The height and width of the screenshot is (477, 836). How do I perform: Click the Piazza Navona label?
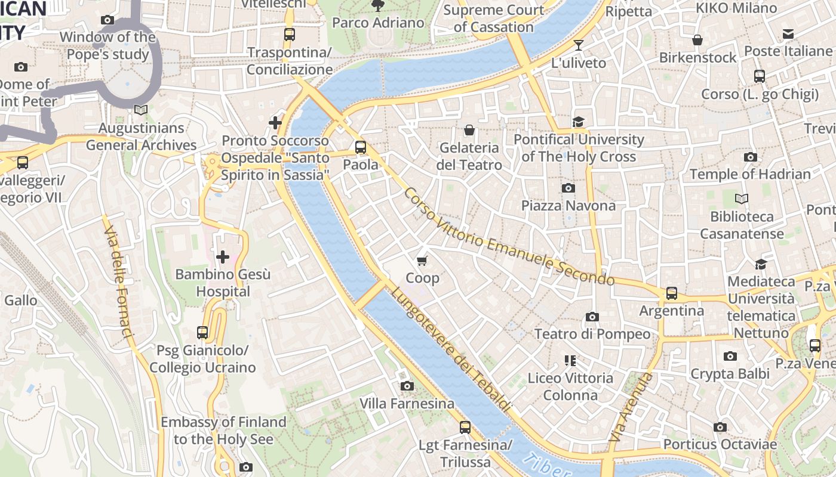coord(568,206)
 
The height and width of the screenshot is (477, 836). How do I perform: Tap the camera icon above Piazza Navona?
coord(568,188)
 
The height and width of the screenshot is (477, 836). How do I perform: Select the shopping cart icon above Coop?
coord(422,260)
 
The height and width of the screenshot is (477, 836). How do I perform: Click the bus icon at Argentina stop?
coord(672,293)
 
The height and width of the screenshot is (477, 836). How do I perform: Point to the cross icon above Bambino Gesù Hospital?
coord(223,257)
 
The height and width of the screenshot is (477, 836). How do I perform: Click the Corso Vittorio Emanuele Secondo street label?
coord(508,237)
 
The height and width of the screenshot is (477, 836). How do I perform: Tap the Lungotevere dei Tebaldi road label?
coord(451,349)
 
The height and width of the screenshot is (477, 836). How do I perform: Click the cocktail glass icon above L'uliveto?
coord(578,45)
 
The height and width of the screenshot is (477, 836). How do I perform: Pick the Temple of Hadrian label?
coord(750,175)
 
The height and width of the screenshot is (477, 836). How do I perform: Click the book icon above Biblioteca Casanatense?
coord(742,199)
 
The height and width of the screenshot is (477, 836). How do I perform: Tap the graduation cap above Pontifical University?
coord(578,122)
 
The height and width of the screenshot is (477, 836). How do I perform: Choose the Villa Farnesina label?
coord(407,404)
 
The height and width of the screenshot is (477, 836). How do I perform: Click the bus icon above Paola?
coord(360,147)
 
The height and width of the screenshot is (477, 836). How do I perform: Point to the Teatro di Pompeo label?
coord(592,334)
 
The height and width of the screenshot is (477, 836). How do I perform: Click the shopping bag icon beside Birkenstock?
coord(697,40)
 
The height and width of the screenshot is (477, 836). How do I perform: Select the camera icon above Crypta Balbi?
coord(730,356)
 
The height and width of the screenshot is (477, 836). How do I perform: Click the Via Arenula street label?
coord(629,408)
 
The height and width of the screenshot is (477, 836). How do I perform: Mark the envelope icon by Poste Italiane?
coord(788,34)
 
